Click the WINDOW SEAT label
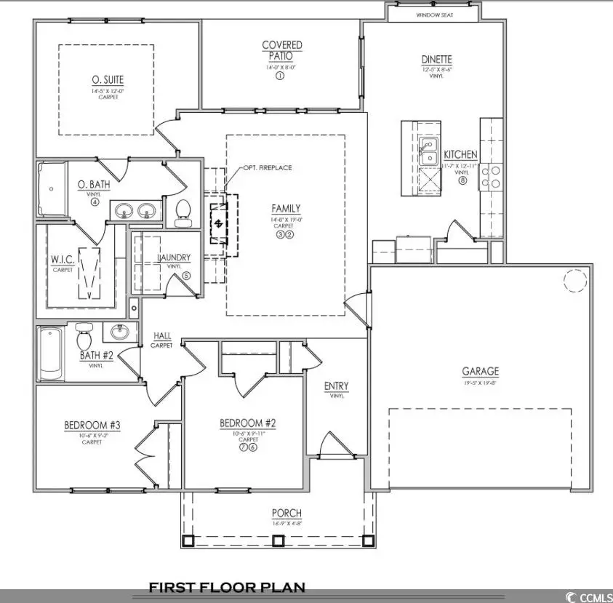click(x=434, y=15)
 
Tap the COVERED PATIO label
click(x=281, y=50)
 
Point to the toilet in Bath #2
click(x=83, y=338)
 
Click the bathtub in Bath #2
click(x=51, y=354)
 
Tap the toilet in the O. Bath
click(x=183, y=209)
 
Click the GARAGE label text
click(x=481, y=371)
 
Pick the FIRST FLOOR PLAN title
click(x=227, y=587)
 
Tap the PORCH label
click(x=287, y=514)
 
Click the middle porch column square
click(x=277, y=540)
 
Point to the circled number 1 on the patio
click(x=279, y=76)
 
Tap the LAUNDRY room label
click(x=175, y=257)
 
